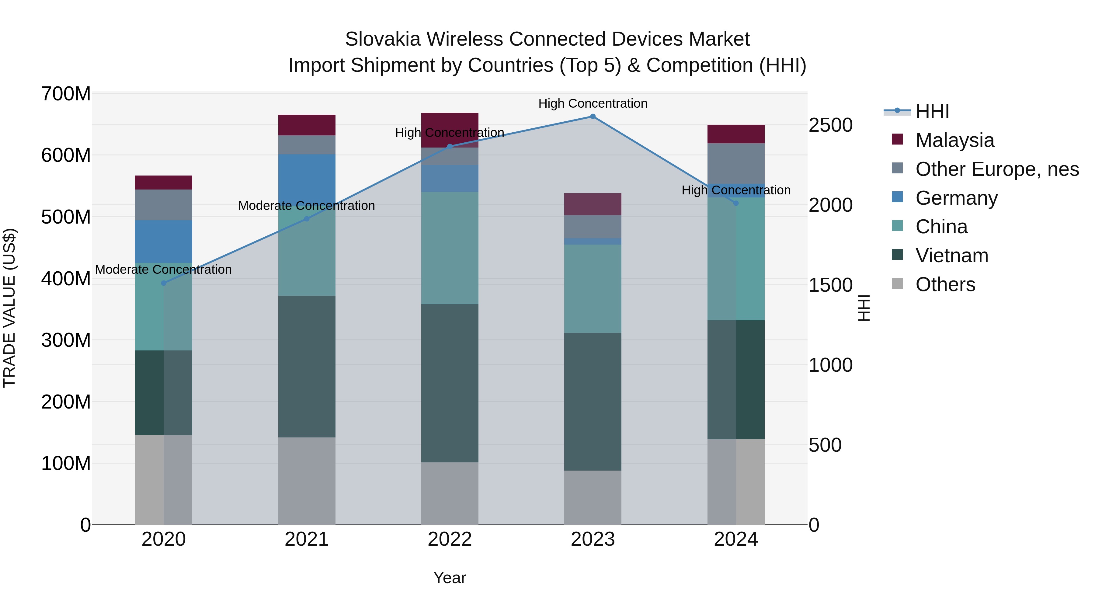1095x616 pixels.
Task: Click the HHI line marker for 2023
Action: [x=593, y=117]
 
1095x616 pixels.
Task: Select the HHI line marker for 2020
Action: [x=164, y=283]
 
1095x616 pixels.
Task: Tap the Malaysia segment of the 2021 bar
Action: [x=307, y=125]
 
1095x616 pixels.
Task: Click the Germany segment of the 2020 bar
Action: [x=164, y=242]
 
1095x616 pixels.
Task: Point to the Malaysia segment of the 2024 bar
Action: [x=735, y=134]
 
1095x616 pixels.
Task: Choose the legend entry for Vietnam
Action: [x=951, y=256]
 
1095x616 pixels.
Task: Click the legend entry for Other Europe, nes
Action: [x=996, y=169]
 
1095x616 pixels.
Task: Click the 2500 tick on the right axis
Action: [x=830, y=125]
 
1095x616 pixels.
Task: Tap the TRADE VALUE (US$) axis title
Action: [x=9, y=308]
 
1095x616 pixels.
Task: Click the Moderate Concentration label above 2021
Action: [x=307, y=206]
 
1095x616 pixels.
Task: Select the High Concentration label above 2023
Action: [x=593, y=104]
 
